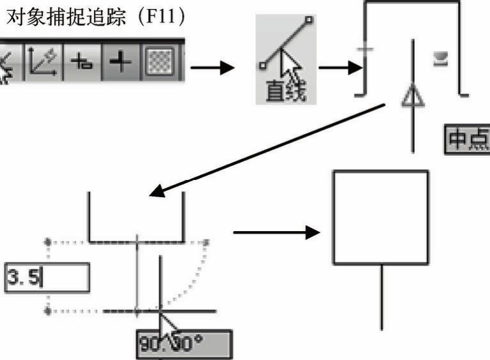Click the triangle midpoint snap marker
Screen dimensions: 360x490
click(x=413, y=97)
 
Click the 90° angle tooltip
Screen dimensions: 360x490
click(x=184, y=345)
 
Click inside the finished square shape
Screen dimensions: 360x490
click(x=380, y=217)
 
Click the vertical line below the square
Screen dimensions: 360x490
click(x=381, y=297)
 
